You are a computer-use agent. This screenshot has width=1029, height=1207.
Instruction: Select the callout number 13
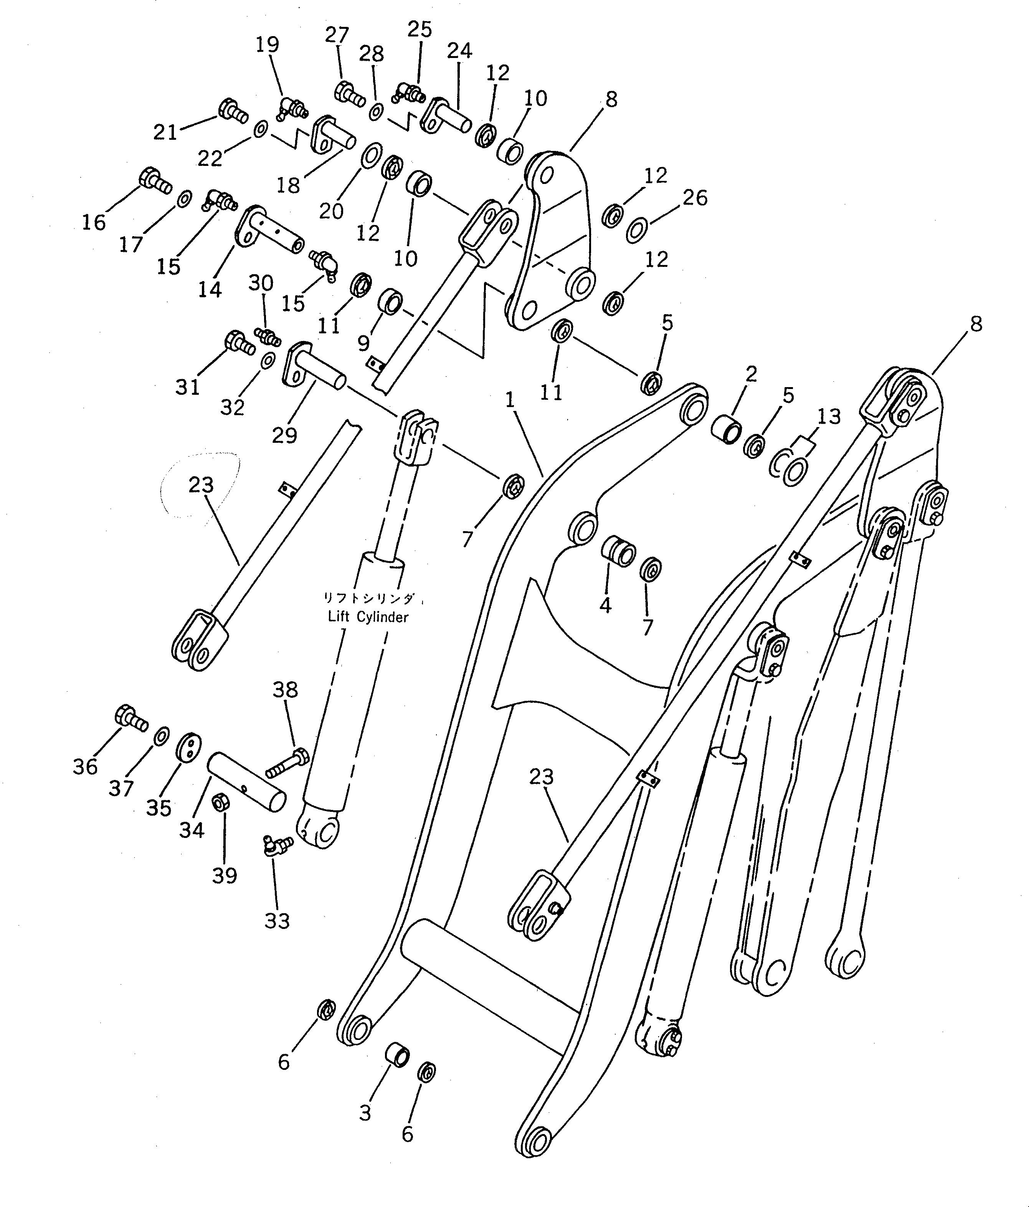point(828,417)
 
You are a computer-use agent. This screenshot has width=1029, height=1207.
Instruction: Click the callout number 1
point(510,400)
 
